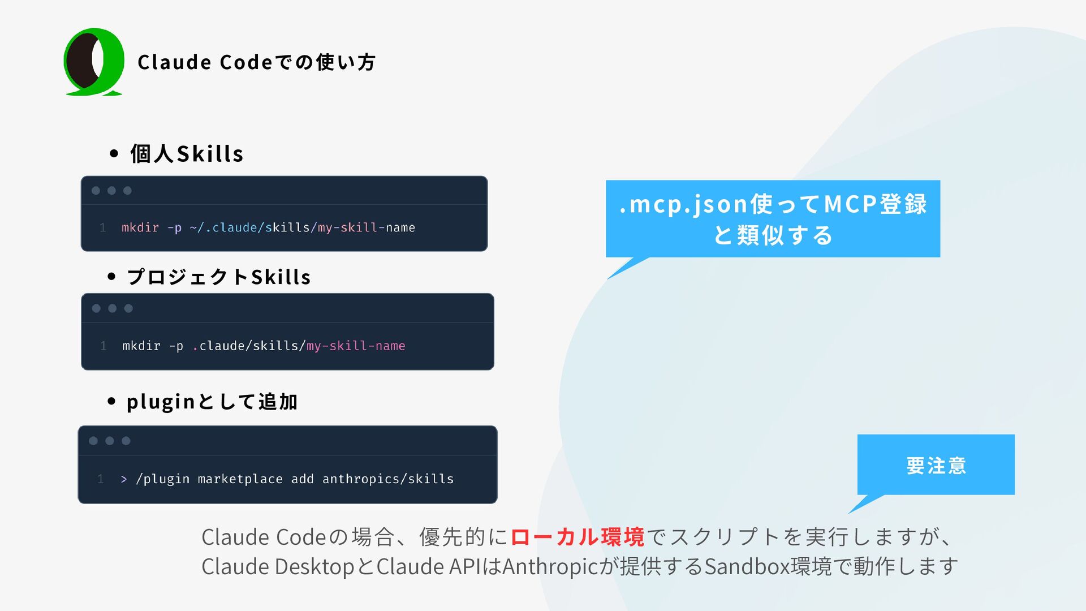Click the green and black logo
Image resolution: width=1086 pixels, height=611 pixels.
coord(94,62)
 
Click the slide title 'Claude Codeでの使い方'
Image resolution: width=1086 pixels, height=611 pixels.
coord(256,62)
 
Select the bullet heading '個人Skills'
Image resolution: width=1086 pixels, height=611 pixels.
coord(187,154)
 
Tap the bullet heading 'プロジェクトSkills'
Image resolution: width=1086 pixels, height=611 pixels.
coord(219,277)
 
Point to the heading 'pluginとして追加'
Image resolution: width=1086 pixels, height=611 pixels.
coord(212,402)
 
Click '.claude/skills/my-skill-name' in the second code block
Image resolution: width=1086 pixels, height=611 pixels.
coord(299,346)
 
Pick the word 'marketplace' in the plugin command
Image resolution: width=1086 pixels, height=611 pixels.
coord(240,479)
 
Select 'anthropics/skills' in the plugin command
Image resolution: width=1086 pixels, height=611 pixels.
coord(388,479)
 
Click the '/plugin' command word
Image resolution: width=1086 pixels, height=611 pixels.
coord(162,479)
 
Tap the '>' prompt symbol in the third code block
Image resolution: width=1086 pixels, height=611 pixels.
coord(123,479)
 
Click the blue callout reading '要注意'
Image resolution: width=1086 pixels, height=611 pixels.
coord(936,465)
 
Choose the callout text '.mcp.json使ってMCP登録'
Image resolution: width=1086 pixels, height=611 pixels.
coord(773,204)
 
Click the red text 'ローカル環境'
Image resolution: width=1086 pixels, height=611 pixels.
coord(577,537)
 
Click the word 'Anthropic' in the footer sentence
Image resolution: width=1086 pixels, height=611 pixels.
coord(550,566)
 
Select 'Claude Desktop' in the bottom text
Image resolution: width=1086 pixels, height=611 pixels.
coord(278,566)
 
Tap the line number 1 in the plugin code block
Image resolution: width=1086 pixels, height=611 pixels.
coord(101,479)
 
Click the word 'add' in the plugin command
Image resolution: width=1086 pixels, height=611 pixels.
coord(302,479)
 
